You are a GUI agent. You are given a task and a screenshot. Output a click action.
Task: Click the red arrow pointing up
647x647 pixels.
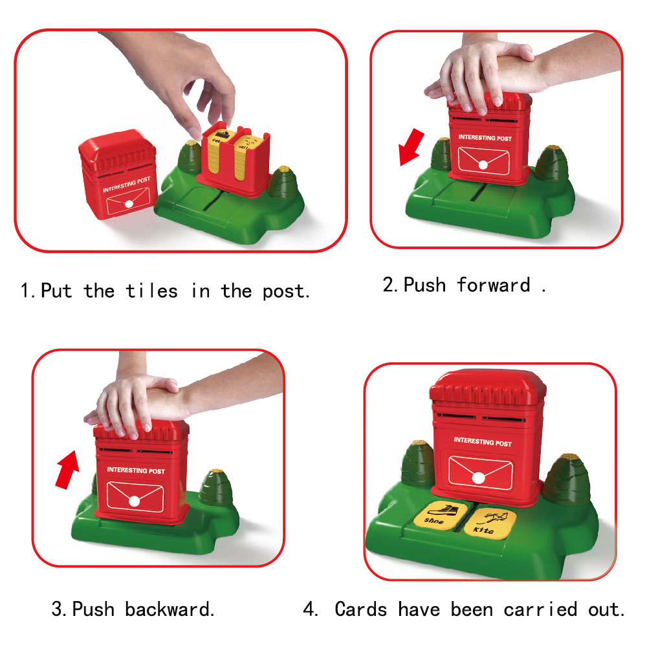point(67,469)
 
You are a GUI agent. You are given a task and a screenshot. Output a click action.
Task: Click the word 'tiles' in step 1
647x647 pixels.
point(151,291)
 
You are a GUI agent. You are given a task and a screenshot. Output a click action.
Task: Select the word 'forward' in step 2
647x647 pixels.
point(493,285)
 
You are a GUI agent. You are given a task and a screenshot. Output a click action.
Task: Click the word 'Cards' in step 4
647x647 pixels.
point(361,609)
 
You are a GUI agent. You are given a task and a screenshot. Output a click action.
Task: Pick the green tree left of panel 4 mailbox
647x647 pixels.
point(417,464)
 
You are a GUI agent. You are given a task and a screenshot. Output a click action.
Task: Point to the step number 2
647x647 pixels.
point(389,285)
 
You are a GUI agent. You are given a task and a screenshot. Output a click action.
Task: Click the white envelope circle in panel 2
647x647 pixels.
point(482,164)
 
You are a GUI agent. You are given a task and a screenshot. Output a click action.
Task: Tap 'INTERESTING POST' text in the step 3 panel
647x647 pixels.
point(136,470)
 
